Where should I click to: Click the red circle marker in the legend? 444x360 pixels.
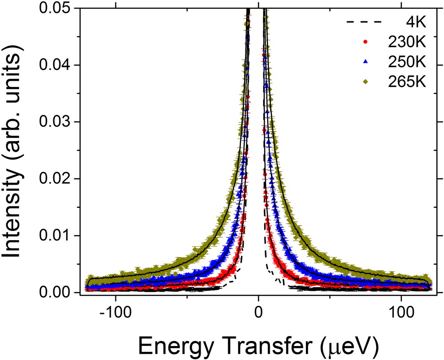(365, 42)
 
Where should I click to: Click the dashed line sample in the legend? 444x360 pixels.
(365, 22)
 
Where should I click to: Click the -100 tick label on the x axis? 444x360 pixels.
(115, 309)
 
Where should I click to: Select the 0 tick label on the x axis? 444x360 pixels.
(258, 309)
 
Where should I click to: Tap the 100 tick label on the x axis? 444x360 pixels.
(400, 309)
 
